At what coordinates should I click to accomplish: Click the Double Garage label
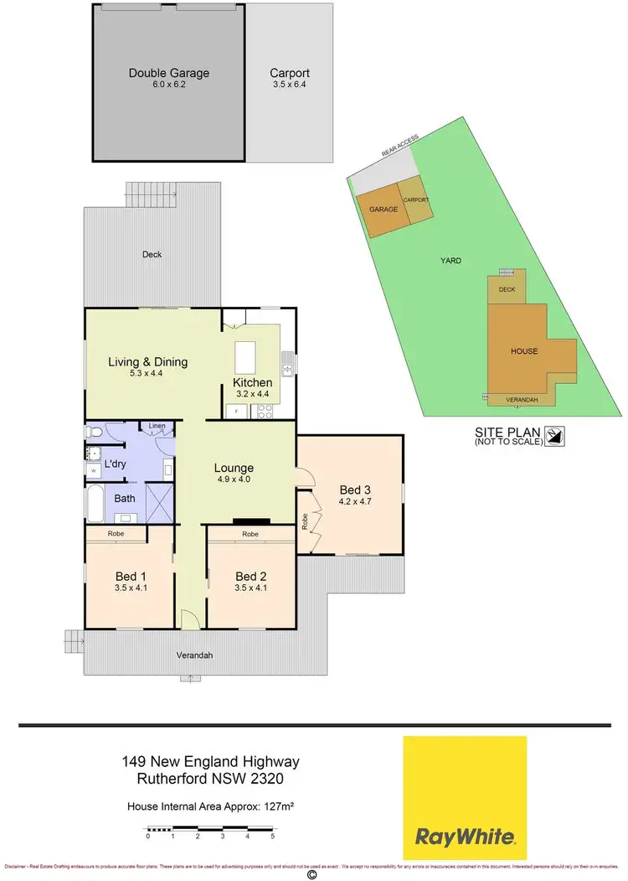[x=168, y=73]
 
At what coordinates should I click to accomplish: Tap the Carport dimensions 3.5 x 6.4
[x=289, y=86]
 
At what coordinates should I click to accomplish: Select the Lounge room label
[x=234, y=468]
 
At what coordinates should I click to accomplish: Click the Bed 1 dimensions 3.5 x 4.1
[x=130, y=588]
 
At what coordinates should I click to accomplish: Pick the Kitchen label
[x=252, y=383]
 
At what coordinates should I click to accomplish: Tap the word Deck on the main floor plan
[x=152, y=255]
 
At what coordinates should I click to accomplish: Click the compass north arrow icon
[x=554, y=436]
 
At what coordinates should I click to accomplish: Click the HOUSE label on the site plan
[x=525, y=351]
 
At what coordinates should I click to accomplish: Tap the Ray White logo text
[x=466, y=836]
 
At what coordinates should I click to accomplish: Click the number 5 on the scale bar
[x=272, y=836]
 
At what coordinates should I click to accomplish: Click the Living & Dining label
[x=147, y=362]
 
